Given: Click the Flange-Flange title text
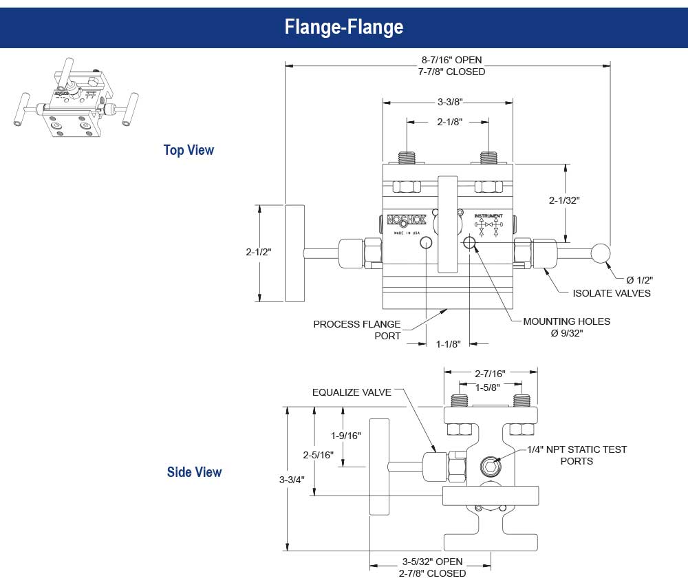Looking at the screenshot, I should [344, 28].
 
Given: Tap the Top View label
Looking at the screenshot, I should [189, 150].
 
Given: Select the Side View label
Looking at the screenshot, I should [194, 472].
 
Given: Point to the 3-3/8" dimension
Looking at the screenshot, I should [449, 102].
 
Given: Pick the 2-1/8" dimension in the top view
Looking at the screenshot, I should [449, 122].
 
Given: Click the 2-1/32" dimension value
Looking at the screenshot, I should [565, 200].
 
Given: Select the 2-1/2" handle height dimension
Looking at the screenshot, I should [259, 252].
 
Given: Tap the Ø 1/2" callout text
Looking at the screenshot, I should [639, 279].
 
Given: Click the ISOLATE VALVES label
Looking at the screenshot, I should [612, 293].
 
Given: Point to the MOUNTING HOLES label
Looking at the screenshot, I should [566, 321].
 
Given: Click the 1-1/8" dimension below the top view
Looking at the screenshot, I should [449, 343].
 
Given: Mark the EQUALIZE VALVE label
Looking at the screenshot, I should [352, 392].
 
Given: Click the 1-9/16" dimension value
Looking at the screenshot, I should [345, 436].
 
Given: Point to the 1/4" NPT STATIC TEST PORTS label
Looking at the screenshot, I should [577, 455].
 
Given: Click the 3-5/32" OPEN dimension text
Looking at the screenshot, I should [432, 562].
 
